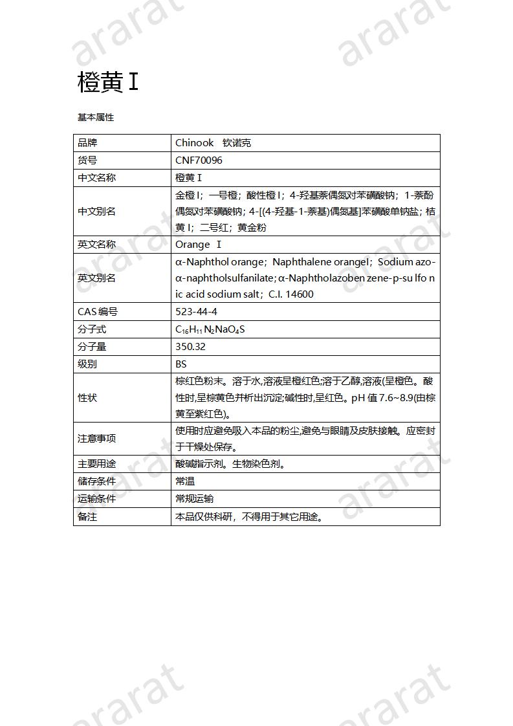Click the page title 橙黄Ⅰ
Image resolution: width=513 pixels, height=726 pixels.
[107, 82]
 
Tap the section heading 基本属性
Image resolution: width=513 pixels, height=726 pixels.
[95, 117]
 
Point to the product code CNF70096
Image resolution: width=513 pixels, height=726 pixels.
[199, 160]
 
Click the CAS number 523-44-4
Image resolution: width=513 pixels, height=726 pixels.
[196, 312]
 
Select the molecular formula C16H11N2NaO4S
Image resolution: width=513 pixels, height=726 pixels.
[210, 329]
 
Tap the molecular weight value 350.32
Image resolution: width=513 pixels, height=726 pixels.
[190, 347]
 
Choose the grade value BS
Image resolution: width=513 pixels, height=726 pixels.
[181, 364]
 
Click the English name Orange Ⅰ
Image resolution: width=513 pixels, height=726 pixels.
[199, 245]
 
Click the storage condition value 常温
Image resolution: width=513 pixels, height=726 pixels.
[185, 481]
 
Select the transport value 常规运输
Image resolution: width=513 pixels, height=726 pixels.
[195, 499]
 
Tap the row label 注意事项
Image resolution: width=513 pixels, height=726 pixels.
[96, 439]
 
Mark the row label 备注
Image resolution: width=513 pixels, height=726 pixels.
[87, 517]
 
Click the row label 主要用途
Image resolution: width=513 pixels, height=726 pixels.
[96, 464]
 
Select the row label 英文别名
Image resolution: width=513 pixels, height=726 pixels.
[96, 278]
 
